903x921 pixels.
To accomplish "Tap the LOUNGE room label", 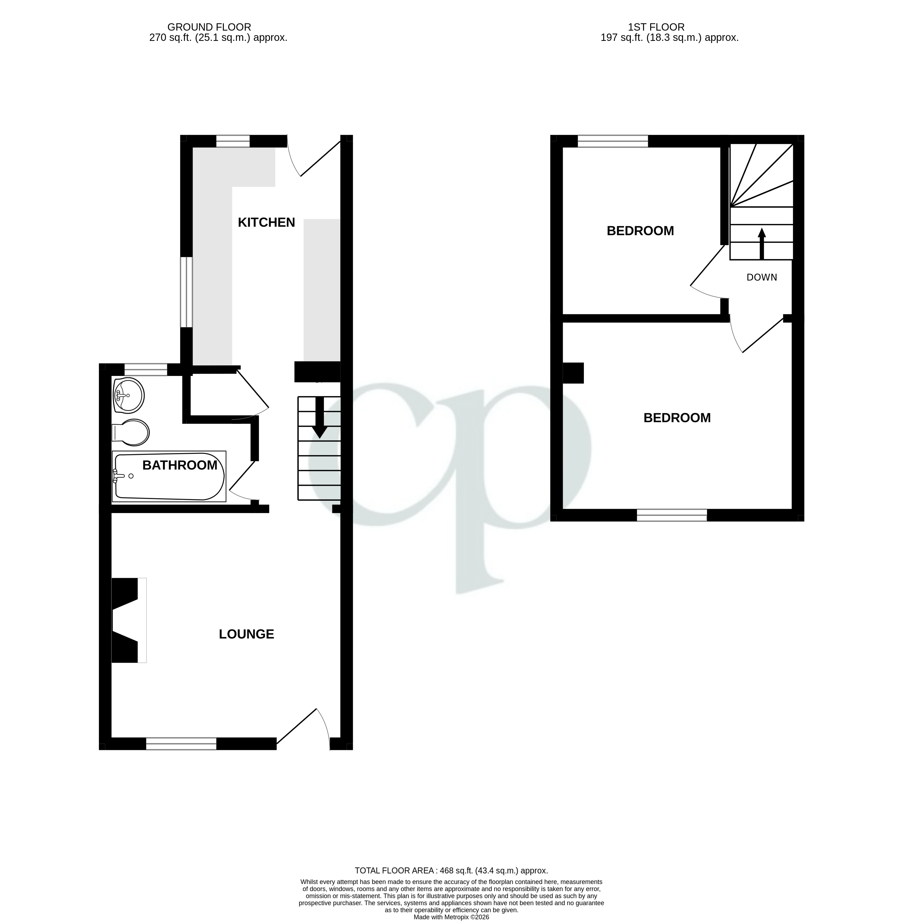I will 246,634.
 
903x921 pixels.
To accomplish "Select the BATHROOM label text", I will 180,465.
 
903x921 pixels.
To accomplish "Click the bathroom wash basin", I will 128,395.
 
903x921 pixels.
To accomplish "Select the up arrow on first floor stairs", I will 762,243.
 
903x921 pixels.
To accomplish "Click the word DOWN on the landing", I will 762,278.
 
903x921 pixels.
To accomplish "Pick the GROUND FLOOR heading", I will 209,28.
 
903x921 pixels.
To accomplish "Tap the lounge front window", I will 181,744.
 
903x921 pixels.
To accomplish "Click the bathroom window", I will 145,369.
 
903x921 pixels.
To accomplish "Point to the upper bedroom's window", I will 613,141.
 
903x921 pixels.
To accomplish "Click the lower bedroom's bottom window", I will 672,516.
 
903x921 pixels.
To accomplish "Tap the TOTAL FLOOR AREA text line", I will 451,871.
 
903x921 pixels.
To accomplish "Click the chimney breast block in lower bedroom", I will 573,373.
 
